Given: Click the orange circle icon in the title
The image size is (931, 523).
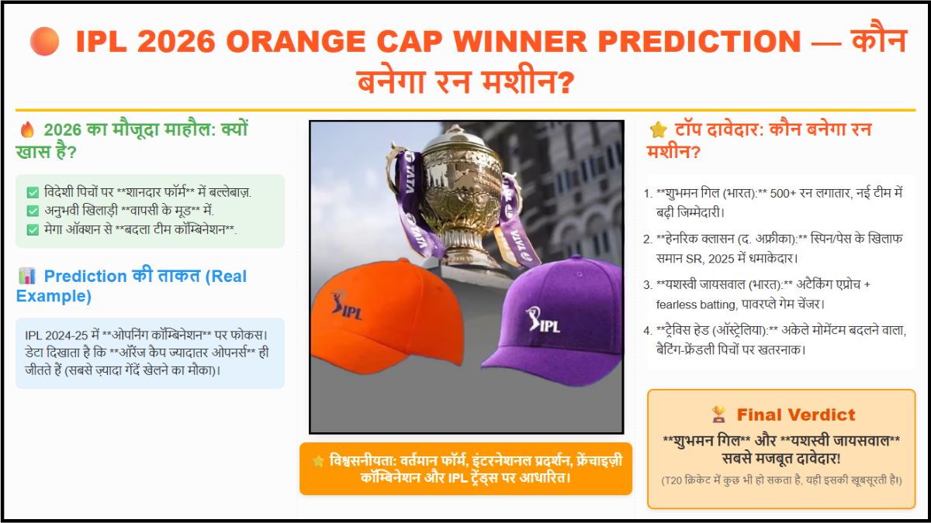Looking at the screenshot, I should [x=44, y=41].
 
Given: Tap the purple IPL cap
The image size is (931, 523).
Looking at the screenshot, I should [x=552, y=322].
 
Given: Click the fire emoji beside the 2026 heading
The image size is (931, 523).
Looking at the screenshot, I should [x=27, y=129].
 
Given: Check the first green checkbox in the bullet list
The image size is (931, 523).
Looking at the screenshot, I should [x=33, y=192].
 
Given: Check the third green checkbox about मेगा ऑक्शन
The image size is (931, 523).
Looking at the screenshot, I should [x=33, y=229].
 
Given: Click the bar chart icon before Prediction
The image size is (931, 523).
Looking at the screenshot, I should [x=27, y=276].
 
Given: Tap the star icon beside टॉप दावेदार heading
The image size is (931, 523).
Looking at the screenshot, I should [x=658, y=129].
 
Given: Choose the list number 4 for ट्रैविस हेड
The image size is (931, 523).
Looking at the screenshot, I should [x=649, y=331].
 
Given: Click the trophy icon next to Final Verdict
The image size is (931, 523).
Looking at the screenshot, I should [x=718, y=415].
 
